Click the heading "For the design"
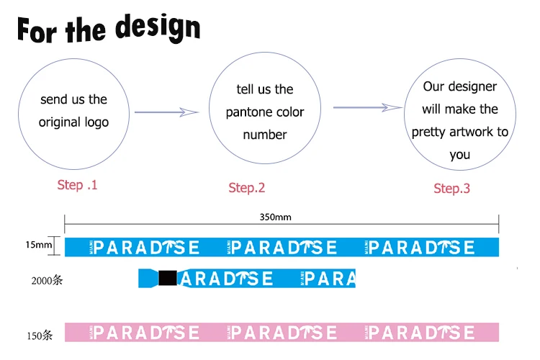(109, 28)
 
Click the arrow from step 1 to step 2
(166, 112)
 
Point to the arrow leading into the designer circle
(367, 108)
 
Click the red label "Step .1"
(77, 185)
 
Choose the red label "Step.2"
(247, 188)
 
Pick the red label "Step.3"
(451, 189)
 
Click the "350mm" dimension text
(275, 217)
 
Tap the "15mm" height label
(39, 246)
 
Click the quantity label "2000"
(44, 280)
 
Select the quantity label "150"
(40, 335)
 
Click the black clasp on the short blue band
(168, 278)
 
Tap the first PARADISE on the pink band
(147, 333)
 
